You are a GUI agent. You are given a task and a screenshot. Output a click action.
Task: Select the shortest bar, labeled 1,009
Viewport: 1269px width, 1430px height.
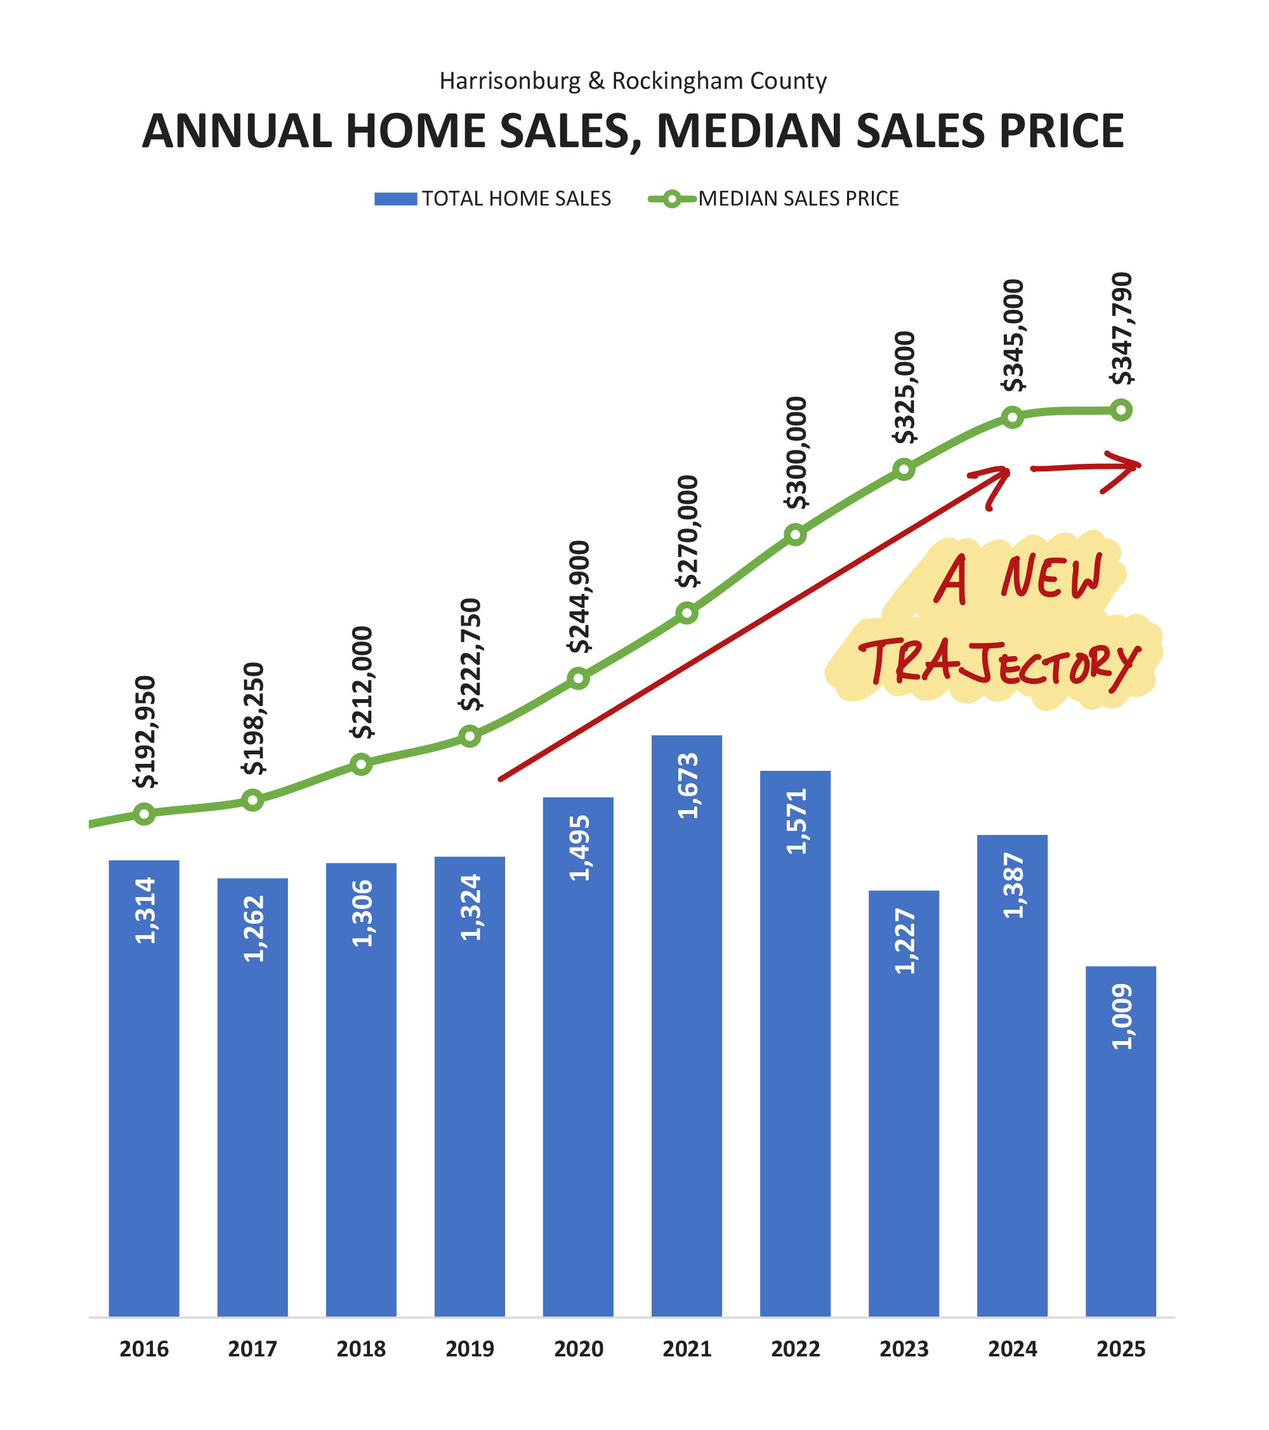tap(1120, 1147)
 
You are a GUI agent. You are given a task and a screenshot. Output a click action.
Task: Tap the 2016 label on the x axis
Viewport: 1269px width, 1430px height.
tap(144, 1349)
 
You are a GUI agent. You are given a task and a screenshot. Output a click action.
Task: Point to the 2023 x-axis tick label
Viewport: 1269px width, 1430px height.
tap(904, 1349)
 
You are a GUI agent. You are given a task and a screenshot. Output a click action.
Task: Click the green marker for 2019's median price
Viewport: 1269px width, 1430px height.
tap(470, 736)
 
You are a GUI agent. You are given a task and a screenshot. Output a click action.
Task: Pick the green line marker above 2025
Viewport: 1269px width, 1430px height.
tap(1121, 410)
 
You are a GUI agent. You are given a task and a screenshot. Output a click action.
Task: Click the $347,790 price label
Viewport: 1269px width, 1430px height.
tap(1121, 328)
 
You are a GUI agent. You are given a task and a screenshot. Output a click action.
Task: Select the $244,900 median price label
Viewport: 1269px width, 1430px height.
tap(579, 596)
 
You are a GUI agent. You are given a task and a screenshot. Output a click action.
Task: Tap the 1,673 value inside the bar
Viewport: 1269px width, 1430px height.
tap(688, 785)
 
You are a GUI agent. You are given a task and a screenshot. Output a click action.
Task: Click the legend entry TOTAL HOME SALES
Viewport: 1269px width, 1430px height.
tap(516, 199)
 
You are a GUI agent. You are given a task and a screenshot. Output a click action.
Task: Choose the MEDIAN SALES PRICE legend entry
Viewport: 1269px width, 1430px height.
tap(798, 199)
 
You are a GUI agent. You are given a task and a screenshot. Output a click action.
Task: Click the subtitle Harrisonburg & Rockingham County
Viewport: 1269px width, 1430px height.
tap(633, 81)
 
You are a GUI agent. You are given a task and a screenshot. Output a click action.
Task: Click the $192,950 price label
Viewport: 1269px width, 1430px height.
tap(145, 731)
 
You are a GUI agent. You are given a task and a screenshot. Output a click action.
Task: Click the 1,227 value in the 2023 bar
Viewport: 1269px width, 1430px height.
tap(905, 941)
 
